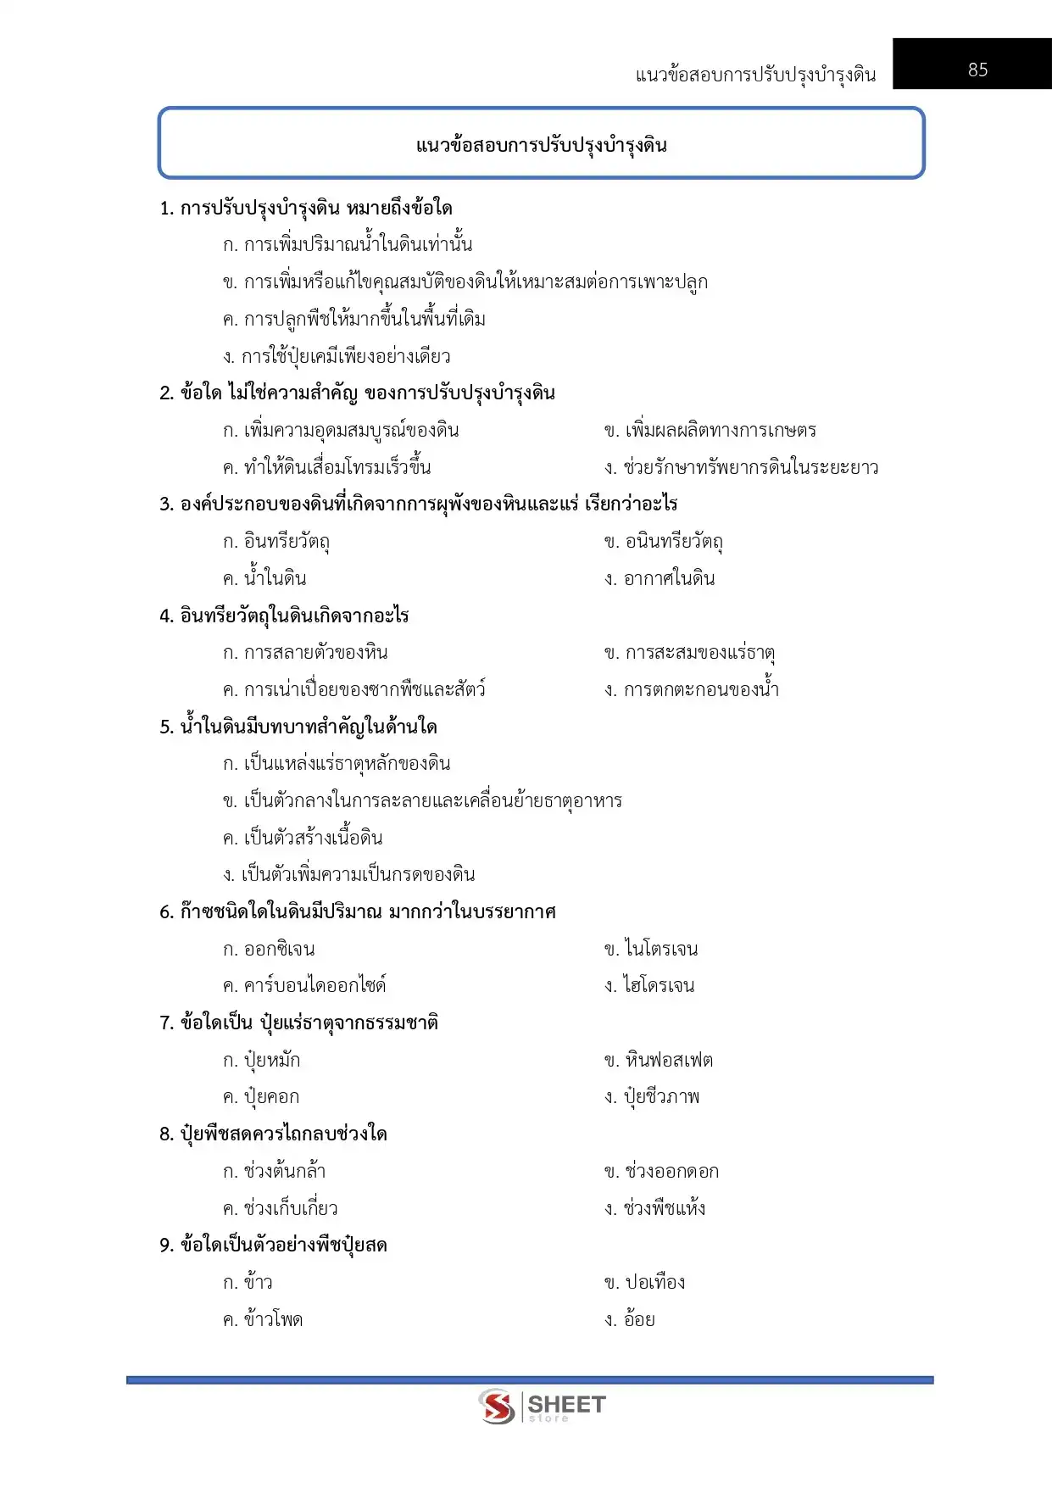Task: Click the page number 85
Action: (977, 70)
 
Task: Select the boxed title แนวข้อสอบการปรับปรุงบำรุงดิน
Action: (541, 145)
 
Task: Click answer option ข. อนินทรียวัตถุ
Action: (664, 542)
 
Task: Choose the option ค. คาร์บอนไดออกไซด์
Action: (304, 986)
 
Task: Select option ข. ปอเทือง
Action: (645, 1283)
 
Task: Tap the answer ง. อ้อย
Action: (630, 1320)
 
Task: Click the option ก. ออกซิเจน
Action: (269, 950)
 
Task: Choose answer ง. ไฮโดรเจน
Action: (649, 986)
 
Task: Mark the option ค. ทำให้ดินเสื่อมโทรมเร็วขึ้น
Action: (327, 468)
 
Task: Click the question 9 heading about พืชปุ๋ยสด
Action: (274, 1246)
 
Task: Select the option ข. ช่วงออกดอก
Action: (661, 1172)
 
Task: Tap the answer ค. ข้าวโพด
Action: (263, 1320)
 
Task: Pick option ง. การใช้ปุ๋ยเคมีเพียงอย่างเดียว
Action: (337, 357)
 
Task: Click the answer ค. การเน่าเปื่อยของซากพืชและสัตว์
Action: (354, 690)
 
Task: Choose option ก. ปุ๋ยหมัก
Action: (261, 1061)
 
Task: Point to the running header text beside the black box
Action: (755, 75)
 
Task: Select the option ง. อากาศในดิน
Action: (660, 579)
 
